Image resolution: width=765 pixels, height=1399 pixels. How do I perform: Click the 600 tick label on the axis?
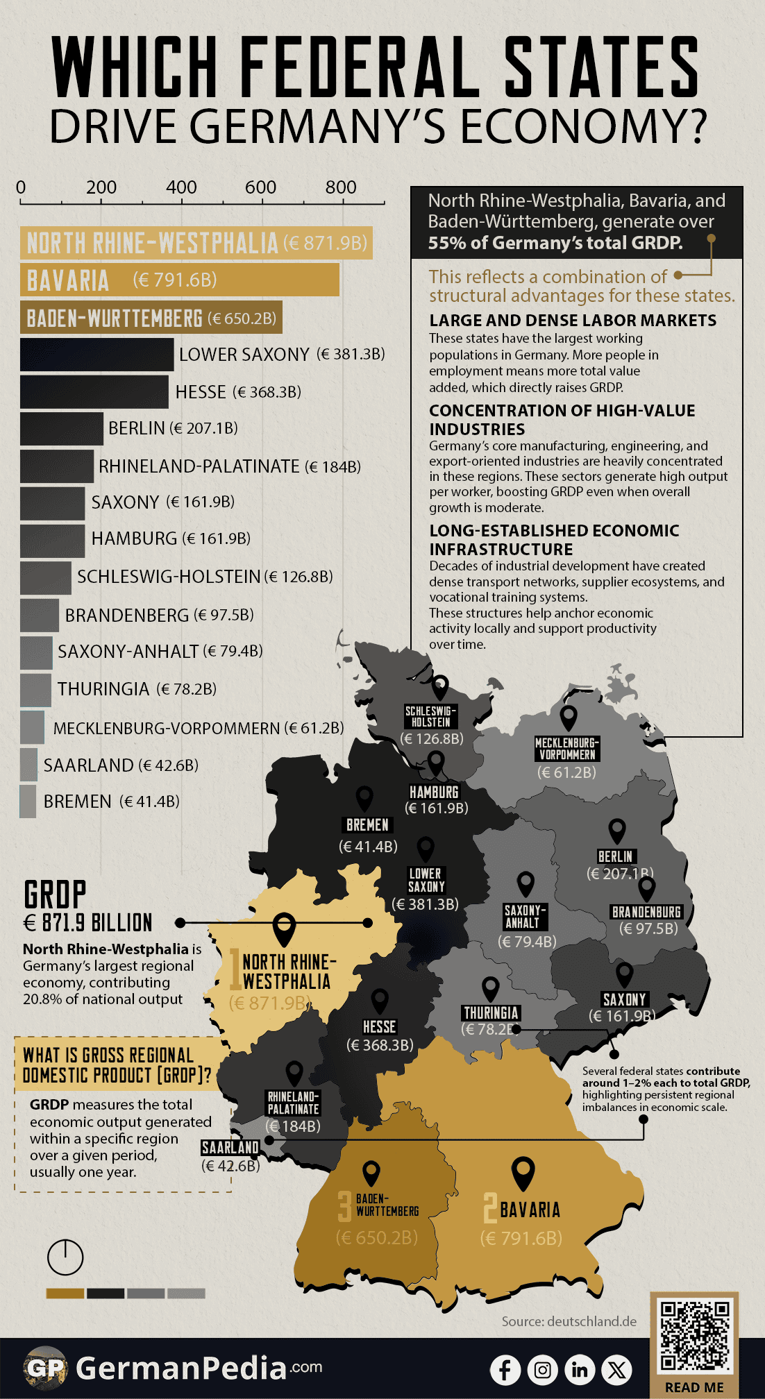(x=261, y=187)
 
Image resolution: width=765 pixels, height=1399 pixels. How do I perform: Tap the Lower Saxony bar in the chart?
(x=96, y=355)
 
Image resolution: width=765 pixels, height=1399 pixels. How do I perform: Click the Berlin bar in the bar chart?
(x=62, y=428)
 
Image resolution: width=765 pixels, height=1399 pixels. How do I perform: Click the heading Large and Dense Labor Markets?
(x=573, y=321)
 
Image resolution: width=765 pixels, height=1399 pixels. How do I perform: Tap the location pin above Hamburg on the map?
(x=436, y=763)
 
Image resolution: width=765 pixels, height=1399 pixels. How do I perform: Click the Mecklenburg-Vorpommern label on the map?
(x=567, y=749)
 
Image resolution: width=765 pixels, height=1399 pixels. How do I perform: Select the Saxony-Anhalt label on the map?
(x=526, y=917)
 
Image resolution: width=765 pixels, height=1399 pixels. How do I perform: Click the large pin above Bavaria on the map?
(x=523, y=1173)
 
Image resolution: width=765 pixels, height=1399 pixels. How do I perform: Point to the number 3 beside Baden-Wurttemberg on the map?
(x=344, y=1206)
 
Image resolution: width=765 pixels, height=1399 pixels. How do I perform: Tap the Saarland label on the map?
(x=230, y=1148)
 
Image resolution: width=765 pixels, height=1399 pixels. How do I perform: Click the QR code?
(x=694, y=1337)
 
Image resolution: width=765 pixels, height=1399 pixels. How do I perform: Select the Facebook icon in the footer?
(x=505, y=1369)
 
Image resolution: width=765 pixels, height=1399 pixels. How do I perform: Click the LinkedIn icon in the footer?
(x=580, y=1369)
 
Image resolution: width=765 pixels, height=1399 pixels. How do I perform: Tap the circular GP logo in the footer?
(x=45, y=1368)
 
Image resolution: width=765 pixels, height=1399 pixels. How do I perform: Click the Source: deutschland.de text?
(x=569, y=1321)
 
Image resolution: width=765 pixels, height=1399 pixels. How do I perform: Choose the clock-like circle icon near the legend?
(x=65, y=1257)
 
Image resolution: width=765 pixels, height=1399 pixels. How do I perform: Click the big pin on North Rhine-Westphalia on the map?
(x=285, y=929)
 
